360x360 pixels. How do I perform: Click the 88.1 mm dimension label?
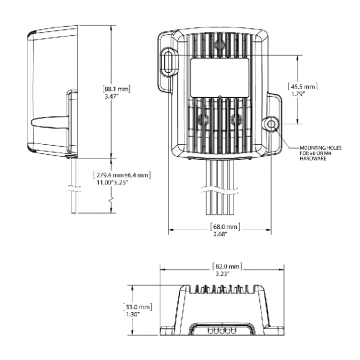[x=116, y=88]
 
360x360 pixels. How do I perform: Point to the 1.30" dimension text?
[x=133, y=314]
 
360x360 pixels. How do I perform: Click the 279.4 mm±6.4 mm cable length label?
[x=122, y=175]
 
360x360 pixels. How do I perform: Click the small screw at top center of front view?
[x=218, y=46]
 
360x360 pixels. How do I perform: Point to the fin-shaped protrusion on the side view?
[x=48, y=122]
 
